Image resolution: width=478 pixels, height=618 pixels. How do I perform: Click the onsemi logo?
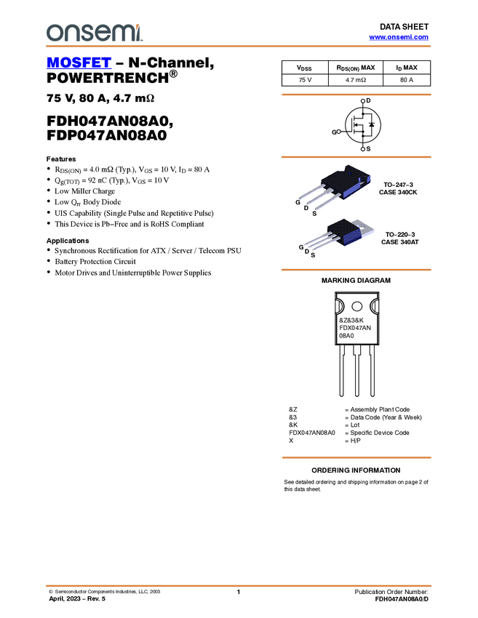pos(95,33)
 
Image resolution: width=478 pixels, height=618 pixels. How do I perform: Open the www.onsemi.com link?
pos(399,37)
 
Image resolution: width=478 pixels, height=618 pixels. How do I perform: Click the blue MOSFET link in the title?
pos(79,63)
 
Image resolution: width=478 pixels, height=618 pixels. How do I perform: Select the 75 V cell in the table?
pos(305,80)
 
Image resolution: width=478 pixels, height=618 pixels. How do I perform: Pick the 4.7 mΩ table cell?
pos(356,80)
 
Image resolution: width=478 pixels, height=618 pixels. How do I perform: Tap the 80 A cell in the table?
pos(407,80)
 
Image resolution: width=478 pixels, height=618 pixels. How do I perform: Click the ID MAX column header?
pos(407,68)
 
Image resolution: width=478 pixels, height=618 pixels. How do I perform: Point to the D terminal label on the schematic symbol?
pos(368,100)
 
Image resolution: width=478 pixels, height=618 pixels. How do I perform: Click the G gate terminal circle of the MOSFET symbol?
pos(338,132)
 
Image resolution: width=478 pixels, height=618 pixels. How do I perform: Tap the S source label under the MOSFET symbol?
pos(368,149)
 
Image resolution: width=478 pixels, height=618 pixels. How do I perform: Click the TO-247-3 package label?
pos(399,185)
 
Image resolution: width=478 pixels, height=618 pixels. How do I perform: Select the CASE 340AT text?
pos(399,242)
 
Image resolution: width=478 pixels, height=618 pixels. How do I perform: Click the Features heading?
pos(61,159)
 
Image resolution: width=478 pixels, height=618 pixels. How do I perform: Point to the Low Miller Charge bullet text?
pos(85,191)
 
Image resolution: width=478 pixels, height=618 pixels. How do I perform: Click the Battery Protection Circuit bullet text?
pos(95,262)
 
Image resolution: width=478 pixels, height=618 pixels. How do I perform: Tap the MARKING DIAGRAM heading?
pos(356,281)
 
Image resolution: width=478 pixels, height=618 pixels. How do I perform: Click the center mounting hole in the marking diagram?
pos(356,306)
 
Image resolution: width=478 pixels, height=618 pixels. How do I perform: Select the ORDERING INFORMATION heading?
pos(356,470)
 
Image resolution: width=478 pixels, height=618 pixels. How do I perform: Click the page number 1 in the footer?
pos(238,592)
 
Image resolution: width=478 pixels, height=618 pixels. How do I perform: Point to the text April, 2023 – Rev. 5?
pos(77,598)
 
